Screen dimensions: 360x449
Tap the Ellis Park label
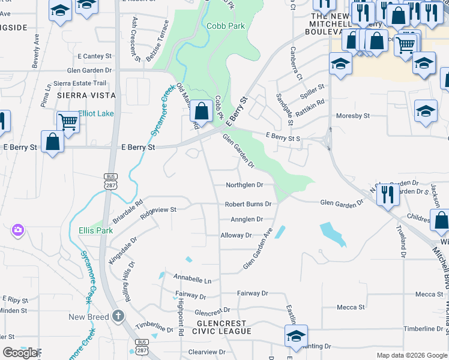(95, 230)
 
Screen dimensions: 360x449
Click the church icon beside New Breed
(119, 316)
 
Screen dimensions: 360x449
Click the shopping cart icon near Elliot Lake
(68, 122)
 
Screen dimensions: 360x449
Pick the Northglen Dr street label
(244, 185)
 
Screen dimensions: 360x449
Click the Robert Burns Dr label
(248, 205)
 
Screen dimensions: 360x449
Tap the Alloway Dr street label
(236, 236)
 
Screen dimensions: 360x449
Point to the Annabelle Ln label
(192, 280)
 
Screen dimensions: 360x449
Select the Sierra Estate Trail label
(80, 83)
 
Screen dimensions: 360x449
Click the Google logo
(20, 353)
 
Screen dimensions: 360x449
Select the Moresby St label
(352, 116)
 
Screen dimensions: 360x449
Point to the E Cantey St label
(94, 56)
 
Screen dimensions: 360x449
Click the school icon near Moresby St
(426, 112)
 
